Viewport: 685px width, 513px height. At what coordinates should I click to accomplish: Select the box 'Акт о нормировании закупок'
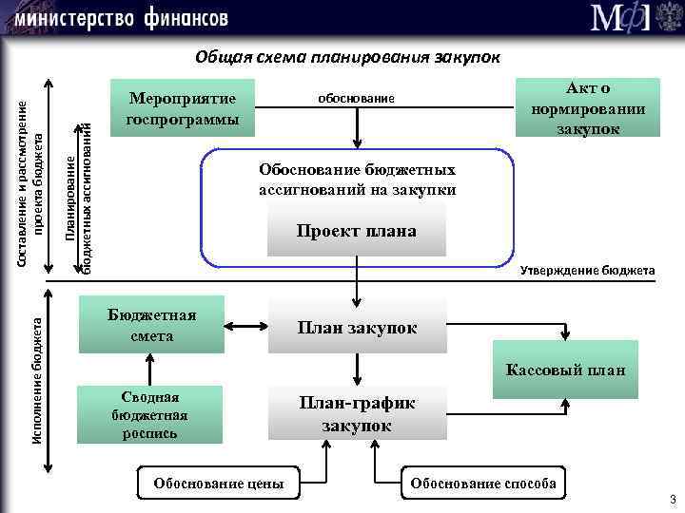pyautogui.click(x=586, y=107)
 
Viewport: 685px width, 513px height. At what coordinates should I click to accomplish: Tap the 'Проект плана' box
pyautogui.click(x=357, y=231)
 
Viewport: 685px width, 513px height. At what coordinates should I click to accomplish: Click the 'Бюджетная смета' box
pyautogui.click(x=152, y=325)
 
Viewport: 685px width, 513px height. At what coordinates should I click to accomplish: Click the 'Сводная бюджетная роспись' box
pyautogui.click(x=149, y=414)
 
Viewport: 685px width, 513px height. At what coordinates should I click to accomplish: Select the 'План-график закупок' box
pyautogui.click(x=357, y=414)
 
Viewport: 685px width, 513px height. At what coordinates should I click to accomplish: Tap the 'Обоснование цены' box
pyautogui.click(x=219, y=483)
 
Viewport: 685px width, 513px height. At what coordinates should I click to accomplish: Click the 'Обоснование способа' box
pyautogui.click(x=482, y=483)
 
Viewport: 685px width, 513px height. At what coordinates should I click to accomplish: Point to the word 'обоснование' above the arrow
pyautogui.click(x=354, y=99)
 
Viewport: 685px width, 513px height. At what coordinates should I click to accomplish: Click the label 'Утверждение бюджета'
pyautogui.click(x=587, y=271)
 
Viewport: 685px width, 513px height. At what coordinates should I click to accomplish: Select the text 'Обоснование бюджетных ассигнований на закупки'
pyautogui.click(x=357, y=180)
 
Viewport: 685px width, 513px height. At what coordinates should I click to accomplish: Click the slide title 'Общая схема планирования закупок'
pyautogui.click(x=347, y=56)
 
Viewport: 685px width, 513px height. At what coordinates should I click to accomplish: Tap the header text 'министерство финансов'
pyautogui.click(x=121, y=17)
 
